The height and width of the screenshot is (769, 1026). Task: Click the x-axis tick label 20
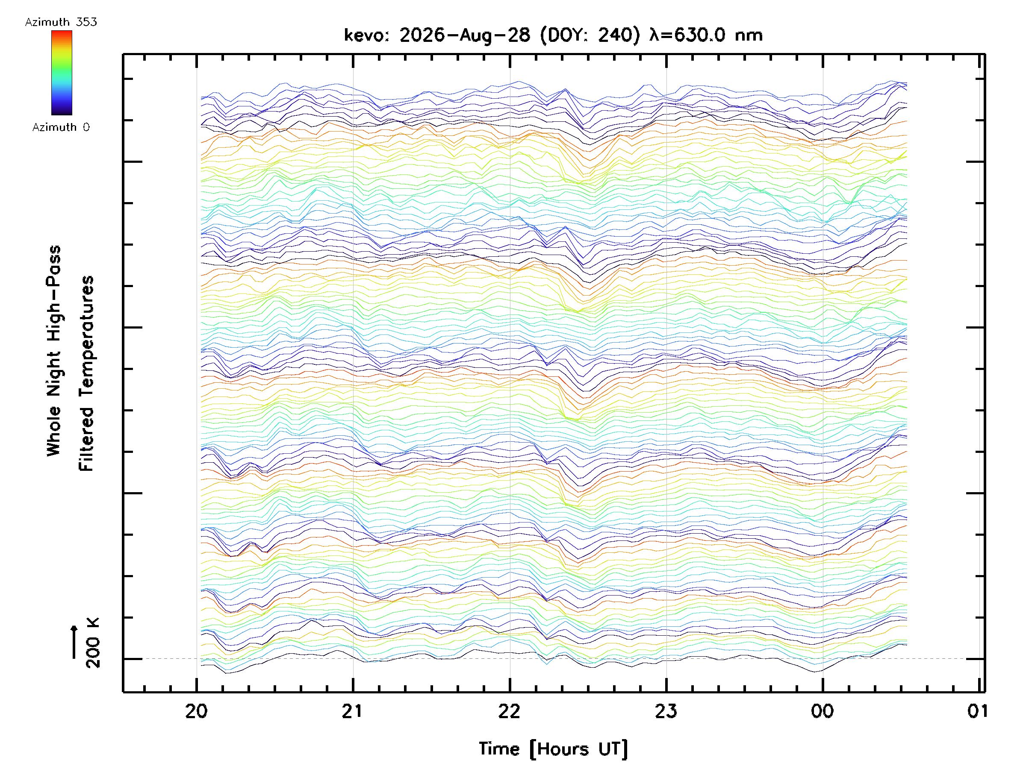[x=196, y=711]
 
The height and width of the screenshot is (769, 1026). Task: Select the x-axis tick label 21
[x=352, y=711]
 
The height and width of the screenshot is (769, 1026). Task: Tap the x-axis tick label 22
[x=509, y=711]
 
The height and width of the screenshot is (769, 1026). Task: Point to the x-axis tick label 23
[x=666, y=711]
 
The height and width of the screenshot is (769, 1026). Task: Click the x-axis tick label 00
[x=823, y=711]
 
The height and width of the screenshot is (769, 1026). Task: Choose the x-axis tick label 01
[x=978, y=711]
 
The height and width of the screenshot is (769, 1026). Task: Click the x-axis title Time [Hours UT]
[x=553, y=749]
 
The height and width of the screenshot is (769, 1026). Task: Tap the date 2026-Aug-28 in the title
[x=464, y=35]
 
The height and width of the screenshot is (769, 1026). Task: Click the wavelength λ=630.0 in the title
[x=687, y=35]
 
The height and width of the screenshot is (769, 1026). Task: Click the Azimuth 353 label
[x=61, y=22]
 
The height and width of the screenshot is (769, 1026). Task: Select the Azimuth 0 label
[x=61, y=127]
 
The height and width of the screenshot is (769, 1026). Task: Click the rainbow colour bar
[x=62, y=73]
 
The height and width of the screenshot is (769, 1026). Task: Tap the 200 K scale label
[x=92, y=643]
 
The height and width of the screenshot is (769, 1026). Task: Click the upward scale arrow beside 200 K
[x=74, y=642]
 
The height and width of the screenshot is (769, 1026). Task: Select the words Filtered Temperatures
[x=86, y=374]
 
